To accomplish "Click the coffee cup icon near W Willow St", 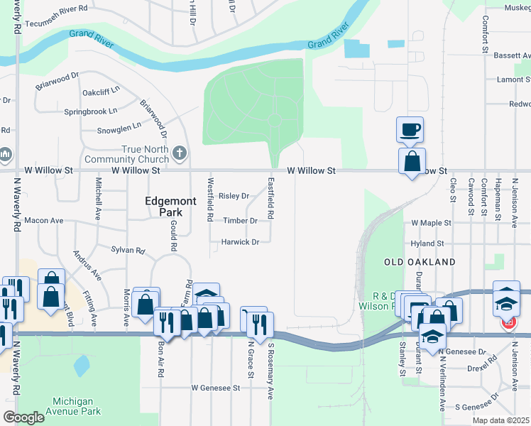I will point(410,129).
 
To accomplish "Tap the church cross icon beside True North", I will point(180,152).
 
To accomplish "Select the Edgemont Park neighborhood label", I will point(170,207).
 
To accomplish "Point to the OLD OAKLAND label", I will point(419,262).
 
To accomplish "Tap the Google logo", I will point(23,417).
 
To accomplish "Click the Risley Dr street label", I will point(234,196).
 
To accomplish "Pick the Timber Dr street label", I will point(239,221).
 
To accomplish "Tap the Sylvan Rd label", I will point(128,250).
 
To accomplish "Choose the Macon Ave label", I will point(44,221).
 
